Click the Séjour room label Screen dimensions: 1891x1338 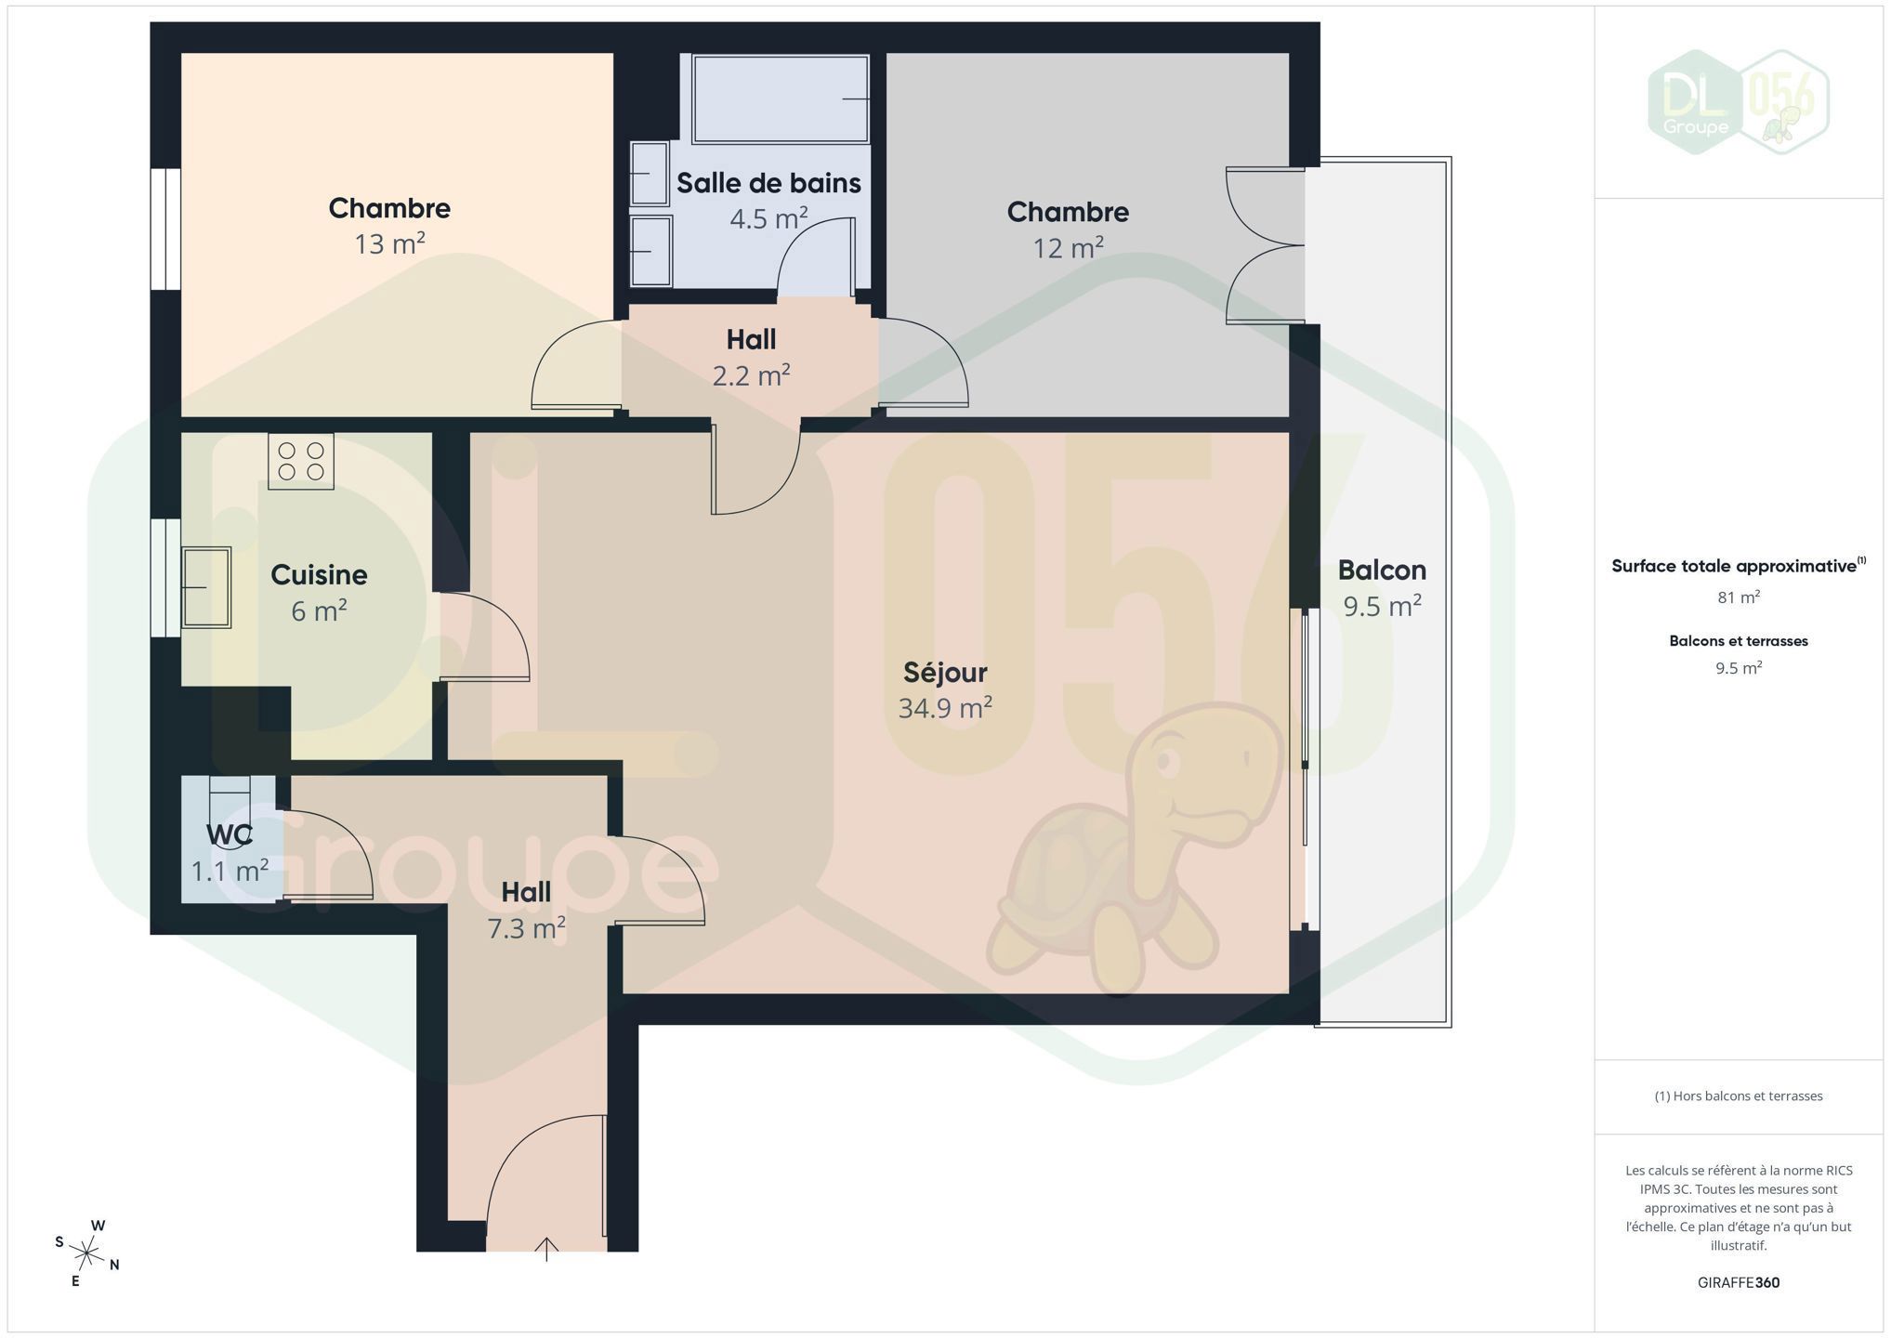coord(945,673)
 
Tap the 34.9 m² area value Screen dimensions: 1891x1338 coord(945,708)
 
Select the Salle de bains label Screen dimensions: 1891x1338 coord(768,183)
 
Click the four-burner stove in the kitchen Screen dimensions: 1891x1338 coord(301,461)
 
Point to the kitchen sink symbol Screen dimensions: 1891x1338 coord(206,587)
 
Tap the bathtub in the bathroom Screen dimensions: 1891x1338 coord(781,98)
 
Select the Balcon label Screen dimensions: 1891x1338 coord(1382,570)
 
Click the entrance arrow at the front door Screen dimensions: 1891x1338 coord(546,1249)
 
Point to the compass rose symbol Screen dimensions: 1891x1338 coord(86,1254)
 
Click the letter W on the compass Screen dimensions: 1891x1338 coord(98,1226)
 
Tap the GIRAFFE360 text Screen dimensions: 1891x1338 coord(1738,1282)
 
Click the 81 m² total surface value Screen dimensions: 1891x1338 coord(1739,597)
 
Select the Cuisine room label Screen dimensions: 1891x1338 coord(319,575)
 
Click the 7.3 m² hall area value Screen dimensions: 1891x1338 coord(527,928)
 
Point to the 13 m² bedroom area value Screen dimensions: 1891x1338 coord(389,243)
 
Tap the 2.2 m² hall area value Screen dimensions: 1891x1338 coord(751,375)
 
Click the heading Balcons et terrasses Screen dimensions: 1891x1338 coord(1739,641)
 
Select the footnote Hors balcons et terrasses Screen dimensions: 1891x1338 coord(1739,1096)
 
